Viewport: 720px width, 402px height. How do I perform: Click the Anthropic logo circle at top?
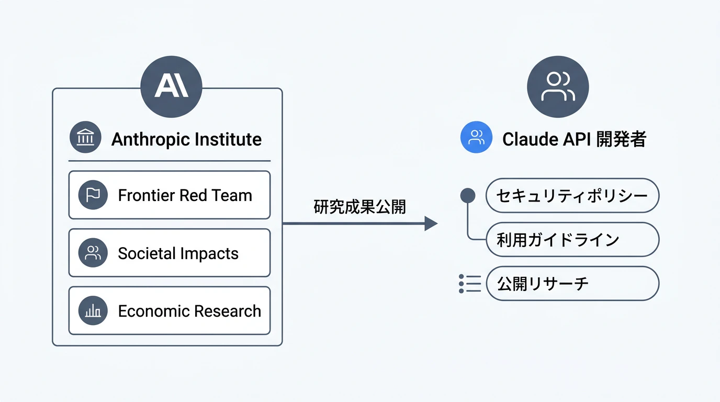[x=172, y=86]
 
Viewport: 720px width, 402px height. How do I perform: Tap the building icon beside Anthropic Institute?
[x=85, y=139]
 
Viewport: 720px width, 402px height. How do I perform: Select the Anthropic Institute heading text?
[x=186, y=139]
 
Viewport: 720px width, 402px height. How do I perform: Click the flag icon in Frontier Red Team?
[x=93, y=195]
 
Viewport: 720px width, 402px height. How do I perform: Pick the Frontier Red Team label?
[x=185, y=195]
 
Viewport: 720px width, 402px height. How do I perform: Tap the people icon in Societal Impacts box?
[x=93, y=253]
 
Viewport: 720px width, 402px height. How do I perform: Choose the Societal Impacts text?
[x=178, y=253]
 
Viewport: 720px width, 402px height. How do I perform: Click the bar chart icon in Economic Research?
[x=93, y=311]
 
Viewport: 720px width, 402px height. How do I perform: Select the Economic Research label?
[x=189, y=311]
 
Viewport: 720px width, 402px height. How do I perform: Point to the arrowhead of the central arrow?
[x=431, y=224]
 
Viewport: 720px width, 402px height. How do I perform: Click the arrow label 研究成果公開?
[x=359, y=207]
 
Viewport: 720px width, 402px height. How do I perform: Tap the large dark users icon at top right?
[x=558, y=87]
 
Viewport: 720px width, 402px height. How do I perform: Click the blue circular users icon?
[x=476, y=137]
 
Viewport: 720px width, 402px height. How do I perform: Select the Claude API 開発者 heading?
[x=574, y=139]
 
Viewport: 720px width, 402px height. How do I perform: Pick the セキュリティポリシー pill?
[x=572, y=196]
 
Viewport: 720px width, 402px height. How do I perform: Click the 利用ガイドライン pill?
[x=572, y=240]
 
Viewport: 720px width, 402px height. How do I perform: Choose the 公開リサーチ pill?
[x=572, y=284]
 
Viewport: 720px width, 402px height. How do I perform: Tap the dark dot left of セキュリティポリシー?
[x=467, y=196]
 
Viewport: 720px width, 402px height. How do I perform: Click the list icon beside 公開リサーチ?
[x=469, y=283]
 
